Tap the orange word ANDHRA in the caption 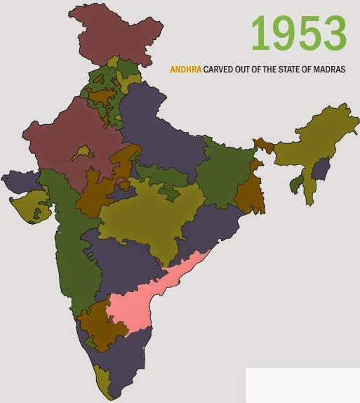pos(185,70)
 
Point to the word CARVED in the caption pos(218,70)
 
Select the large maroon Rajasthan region pos(67,140)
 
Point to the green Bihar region pos(225,169)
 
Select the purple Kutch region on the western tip pos(18,183)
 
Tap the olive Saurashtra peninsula pos(28,207)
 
